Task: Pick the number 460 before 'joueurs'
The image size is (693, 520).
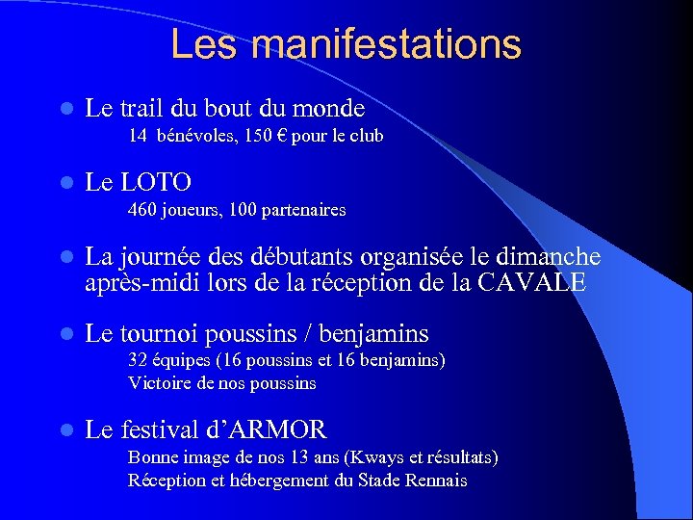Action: [x=143, y=210]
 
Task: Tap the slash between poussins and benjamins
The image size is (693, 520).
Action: [x=305, y=334]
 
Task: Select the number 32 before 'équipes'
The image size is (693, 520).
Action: [x=138, y=361]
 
